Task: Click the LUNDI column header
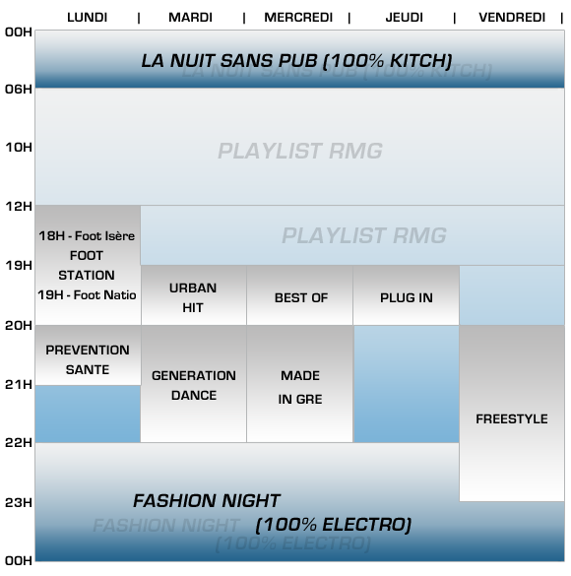click(x=87, y=18)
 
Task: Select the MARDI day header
click(x=190, y=18)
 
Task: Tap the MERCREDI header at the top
click(x=298, y=18)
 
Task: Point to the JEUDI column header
click(x=404, y=18)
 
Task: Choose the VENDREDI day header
click(x=512, y=18)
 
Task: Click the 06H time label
click(x=19, y=89)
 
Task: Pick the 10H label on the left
click(x=19, y=148)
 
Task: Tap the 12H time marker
click(x=19, y=206)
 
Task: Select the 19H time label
click(x=19, y=265)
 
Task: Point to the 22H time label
click(x=19, y=443)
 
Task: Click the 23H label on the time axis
click(x=19, y=502)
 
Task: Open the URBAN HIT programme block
click(x=194, y=295)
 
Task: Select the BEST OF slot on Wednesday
click(x=299, y=295)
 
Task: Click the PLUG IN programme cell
click(x=407, y=295)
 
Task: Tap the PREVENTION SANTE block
click(x=88, y=355)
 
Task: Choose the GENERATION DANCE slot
click(x=194, y=384)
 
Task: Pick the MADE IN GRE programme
click(x=299, y=384)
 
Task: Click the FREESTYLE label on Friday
click(x=512, y=418)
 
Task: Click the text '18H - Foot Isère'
click(x=87, y=236)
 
